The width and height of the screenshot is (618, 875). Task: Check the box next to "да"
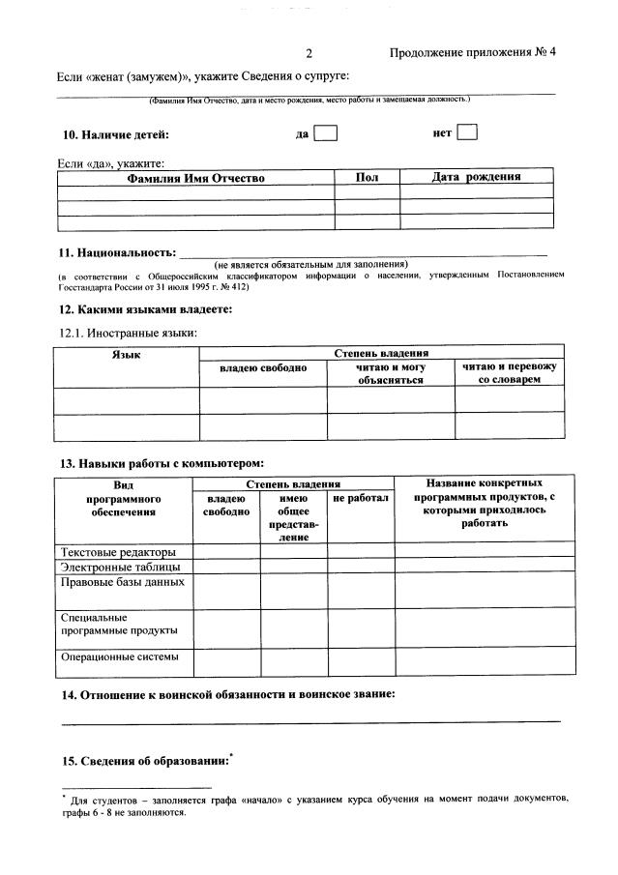coord(326,133)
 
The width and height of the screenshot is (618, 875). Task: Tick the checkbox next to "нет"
coord(467,132)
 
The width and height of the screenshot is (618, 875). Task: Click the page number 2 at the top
coord(309,53)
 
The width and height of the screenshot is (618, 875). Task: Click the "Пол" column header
coord(368,177)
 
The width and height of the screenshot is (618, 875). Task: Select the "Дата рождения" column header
coord(476,177)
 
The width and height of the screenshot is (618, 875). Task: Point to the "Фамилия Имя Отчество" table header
coord(195,178)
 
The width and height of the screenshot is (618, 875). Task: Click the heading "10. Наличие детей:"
coord(115,134)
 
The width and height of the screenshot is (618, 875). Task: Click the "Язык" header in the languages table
coord(127,356)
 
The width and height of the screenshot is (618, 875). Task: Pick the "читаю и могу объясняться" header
coord(391,373)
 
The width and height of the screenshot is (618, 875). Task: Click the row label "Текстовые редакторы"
coord(119,552)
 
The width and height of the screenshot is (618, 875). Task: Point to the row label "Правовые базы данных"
coord(122,582)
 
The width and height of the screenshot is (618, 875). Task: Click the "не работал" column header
coord(361,498)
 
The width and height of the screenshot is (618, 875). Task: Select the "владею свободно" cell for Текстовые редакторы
coord(226,552)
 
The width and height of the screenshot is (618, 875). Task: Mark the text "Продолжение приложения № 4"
coord(473,53)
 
